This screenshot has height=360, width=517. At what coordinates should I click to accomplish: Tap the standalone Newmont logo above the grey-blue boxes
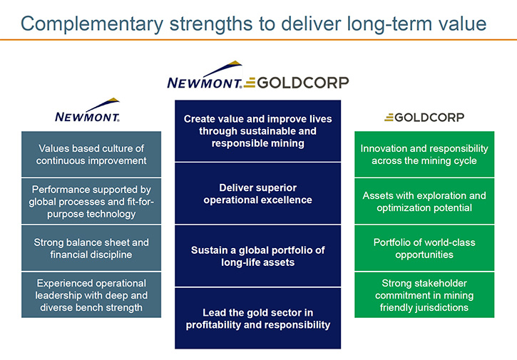(x=88, y=110)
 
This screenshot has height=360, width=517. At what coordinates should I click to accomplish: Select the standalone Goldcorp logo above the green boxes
(x=424, y=118)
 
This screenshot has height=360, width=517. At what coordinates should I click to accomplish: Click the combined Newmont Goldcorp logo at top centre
(x=258, y=75)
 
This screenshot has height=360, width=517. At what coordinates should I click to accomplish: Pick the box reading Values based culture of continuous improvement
(x=91, y=154)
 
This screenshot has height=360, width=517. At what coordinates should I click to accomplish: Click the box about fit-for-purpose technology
(x=91, y=202)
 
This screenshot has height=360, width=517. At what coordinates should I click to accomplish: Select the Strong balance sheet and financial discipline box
(x=91, y=248)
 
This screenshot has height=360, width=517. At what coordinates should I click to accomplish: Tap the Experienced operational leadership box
(x=91, y=295)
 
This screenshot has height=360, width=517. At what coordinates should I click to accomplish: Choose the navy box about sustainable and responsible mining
(x=258, y=131)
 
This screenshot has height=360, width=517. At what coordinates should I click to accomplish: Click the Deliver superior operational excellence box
(x=258, y=193)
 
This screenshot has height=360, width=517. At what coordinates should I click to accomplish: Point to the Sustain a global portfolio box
(x=258, y=256)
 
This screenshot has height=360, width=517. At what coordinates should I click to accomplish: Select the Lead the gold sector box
(x=258, y=319)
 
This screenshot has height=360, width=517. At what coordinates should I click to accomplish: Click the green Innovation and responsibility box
(x=424, y=154)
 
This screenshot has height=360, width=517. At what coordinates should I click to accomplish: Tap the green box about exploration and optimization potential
(x=424, y=202)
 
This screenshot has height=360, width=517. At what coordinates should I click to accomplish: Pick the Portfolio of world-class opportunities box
(x=424, y=248)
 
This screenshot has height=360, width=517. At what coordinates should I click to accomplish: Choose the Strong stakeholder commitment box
(x=424, y=295)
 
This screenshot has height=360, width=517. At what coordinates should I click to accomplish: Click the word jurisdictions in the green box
(x=441, y=308)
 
